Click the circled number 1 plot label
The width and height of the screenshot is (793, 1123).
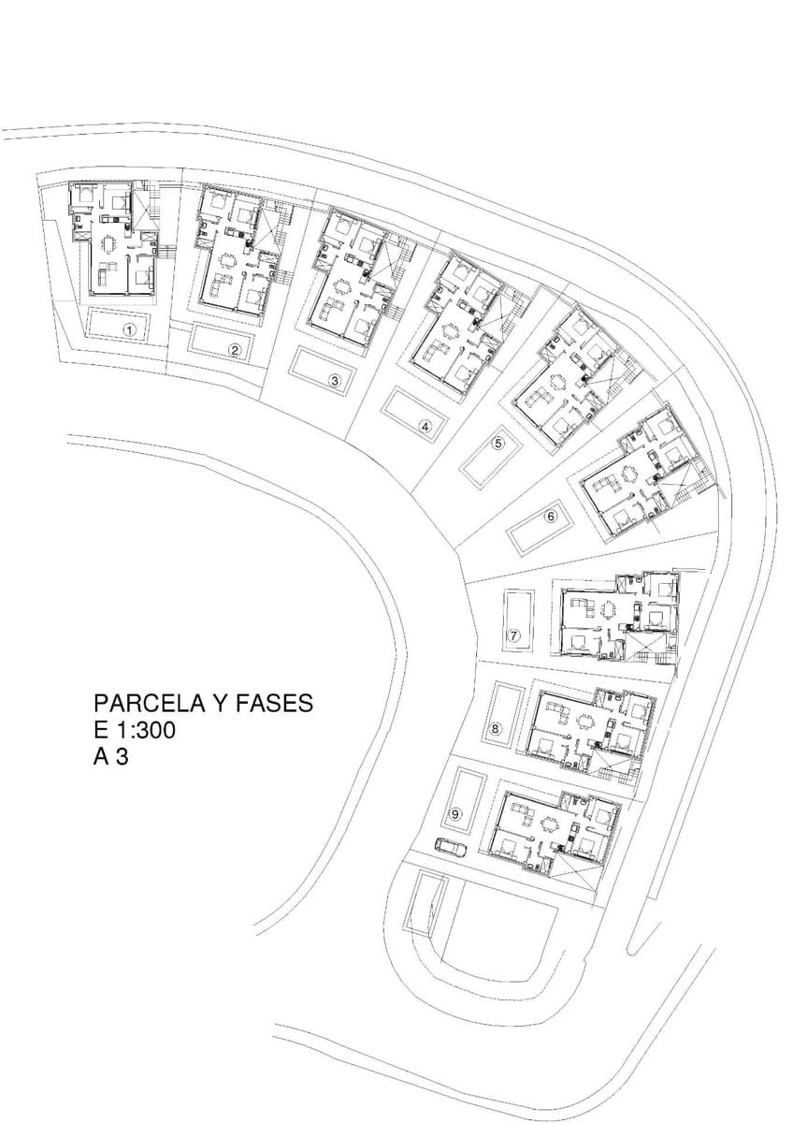[x=130, y=329]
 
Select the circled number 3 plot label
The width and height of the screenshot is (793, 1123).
[x=335, y=381]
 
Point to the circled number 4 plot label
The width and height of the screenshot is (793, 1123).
[x=425, y=427]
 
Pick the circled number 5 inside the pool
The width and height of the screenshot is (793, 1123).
[x=497, y=444]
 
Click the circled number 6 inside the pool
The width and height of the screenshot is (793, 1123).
[x=551, y=516]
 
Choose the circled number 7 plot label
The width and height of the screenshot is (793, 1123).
[x=513, y=635]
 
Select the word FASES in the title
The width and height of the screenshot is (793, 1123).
[x=275, y=704]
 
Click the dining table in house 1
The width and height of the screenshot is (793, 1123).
[x=109, y=244]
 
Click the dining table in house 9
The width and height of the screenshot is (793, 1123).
[x=550, y=824]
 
